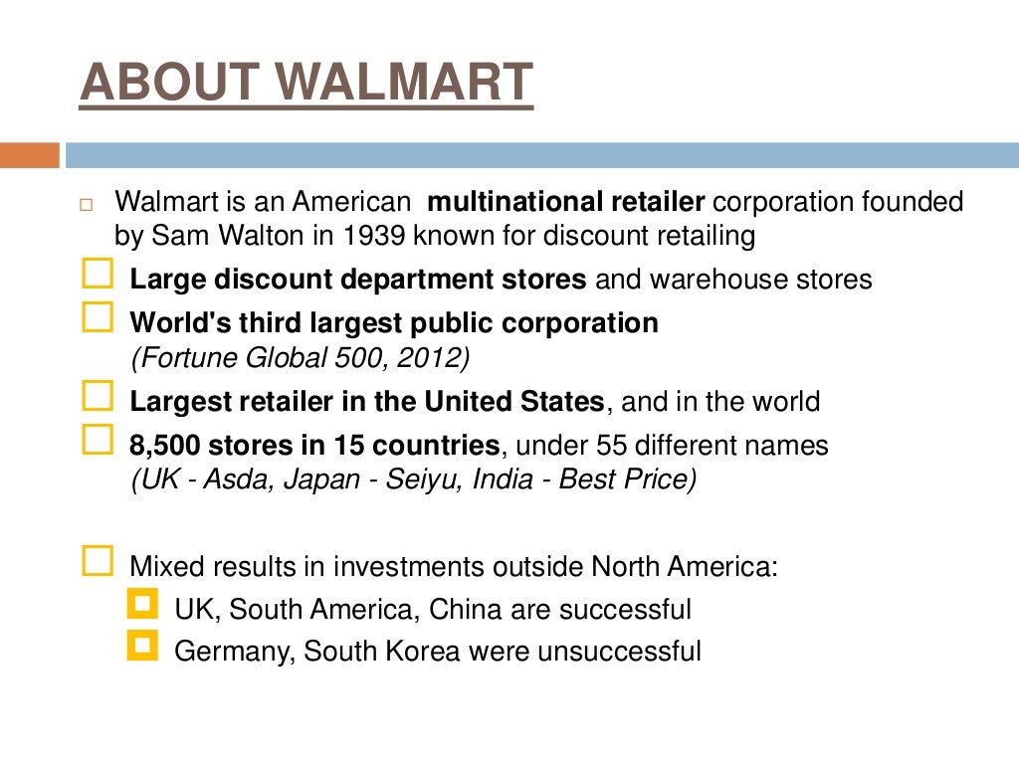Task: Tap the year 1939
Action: coord(375,236)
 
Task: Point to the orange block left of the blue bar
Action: coord(29,155)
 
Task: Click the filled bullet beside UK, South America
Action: coord(143,605)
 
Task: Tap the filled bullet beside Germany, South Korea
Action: coord(143,647)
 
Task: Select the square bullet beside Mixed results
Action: coord(97,562)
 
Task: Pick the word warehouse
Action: coord(708,280)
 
